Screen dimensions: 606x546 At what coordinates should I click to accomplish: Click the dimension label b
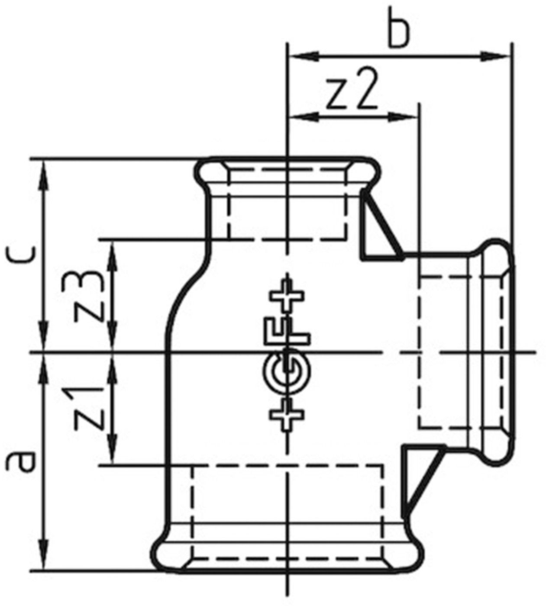tap(398, 33)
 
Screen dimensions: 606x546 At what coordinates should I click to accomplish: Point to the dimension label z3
tap(89, 297)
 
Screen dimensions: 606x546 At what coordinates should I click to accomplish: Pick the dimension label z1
tap(89, 408)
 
